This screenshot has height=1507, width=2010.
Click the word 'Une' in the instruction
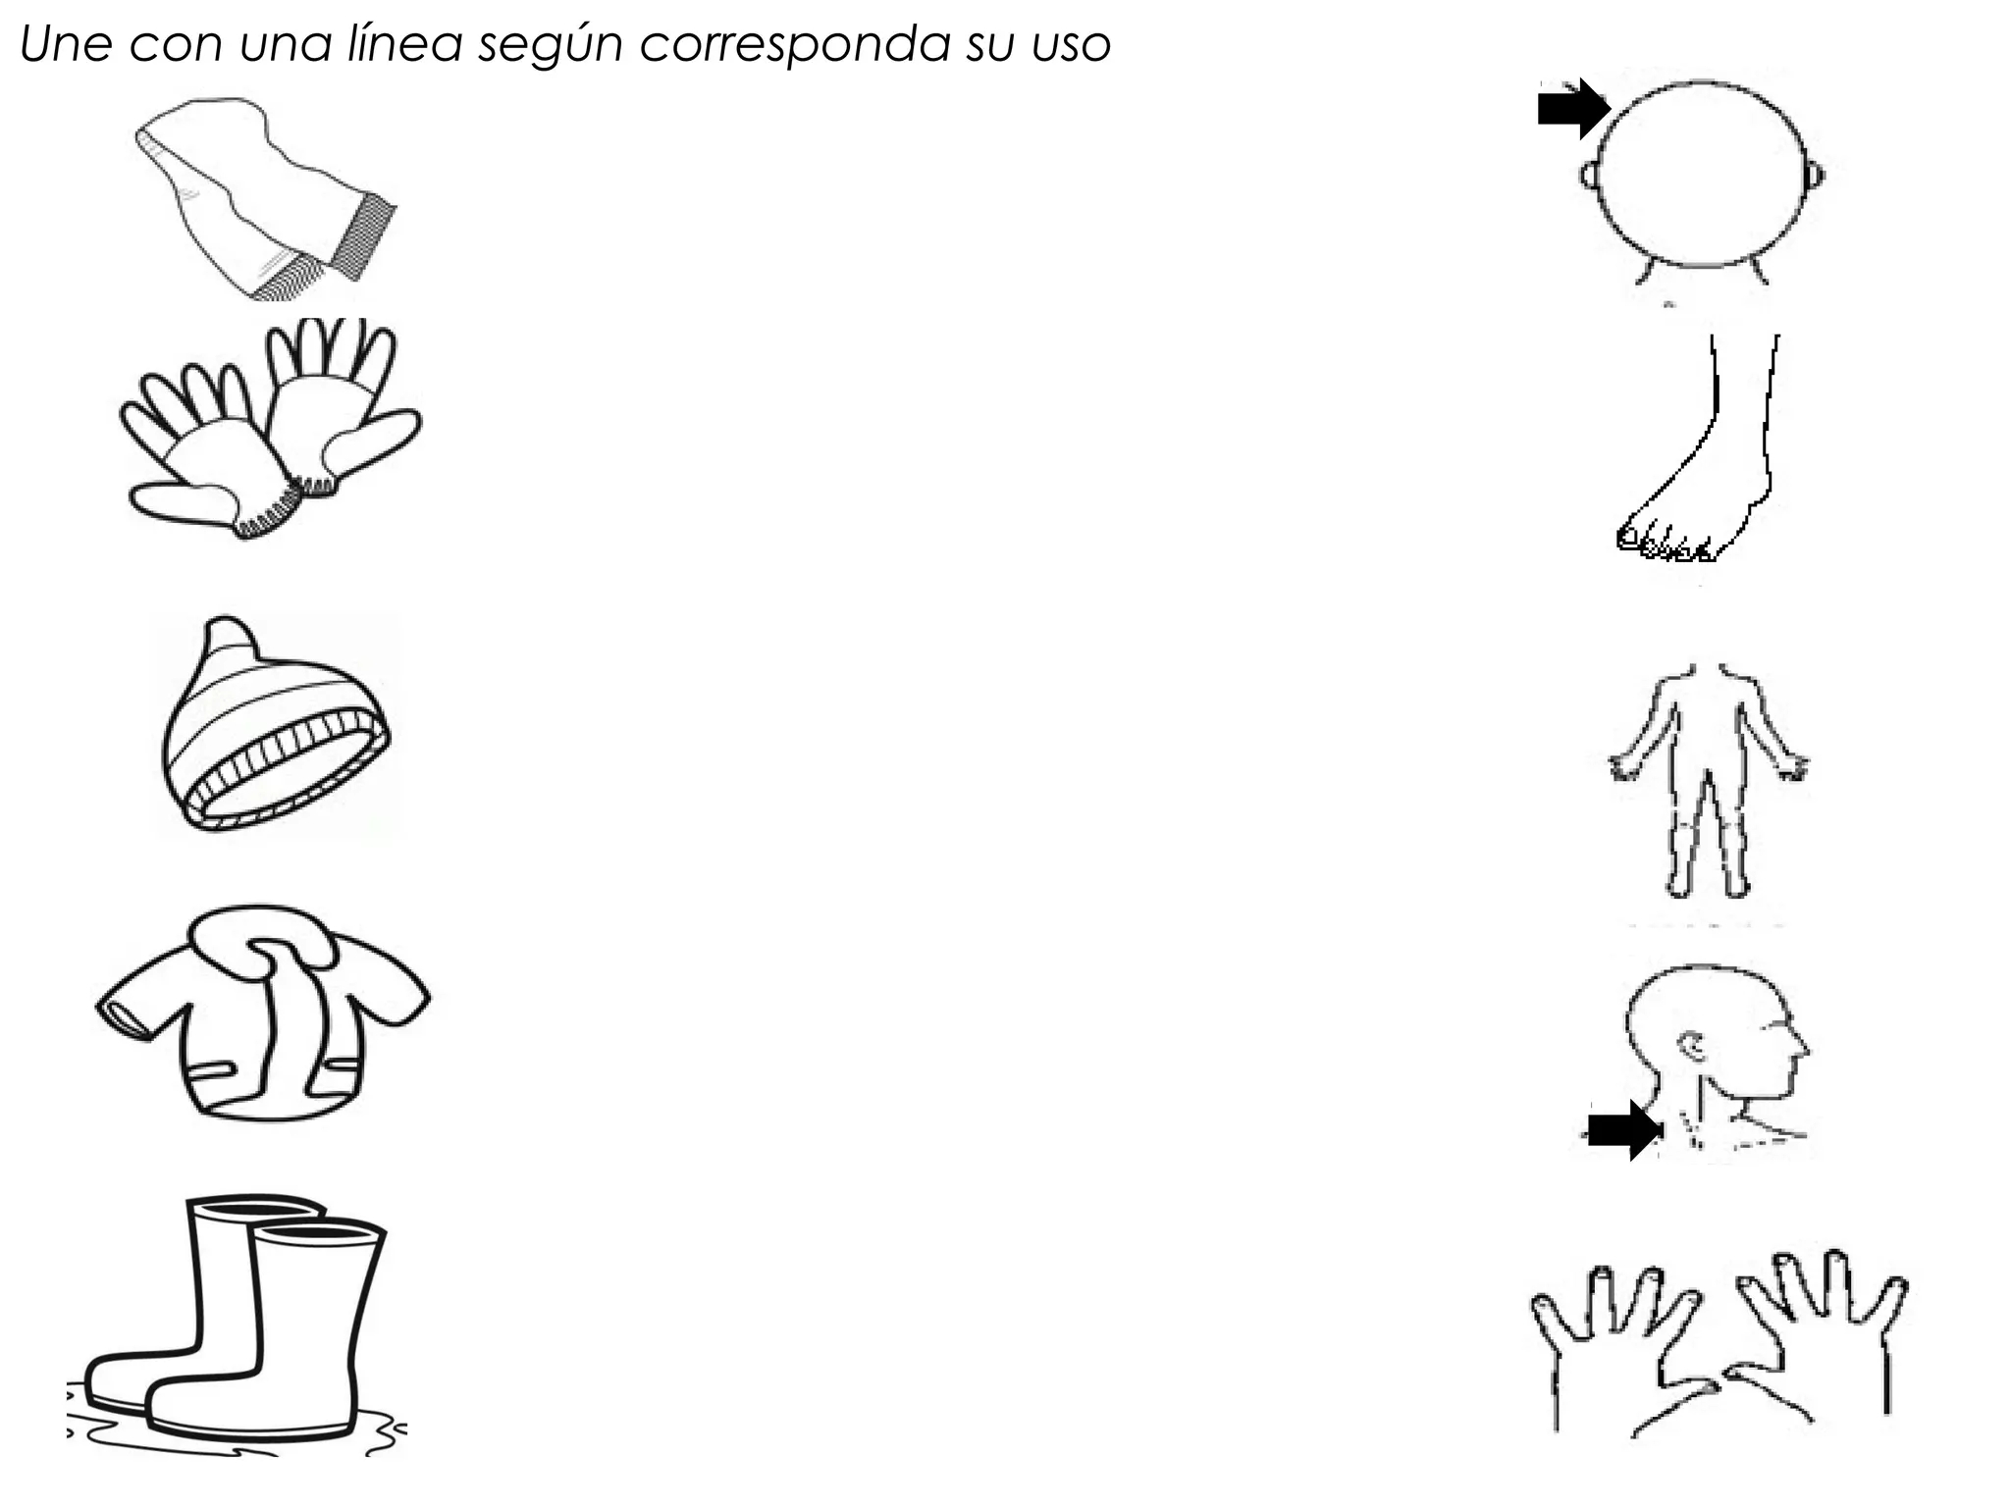66,44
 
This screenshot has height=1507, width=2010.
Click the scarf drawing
265,198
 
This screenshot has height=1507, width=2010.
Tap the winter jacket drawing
263,1013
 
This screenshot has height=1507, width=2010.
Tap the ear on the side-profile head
1693,1047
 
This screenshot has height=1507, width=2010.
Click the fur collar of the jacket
261,940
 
